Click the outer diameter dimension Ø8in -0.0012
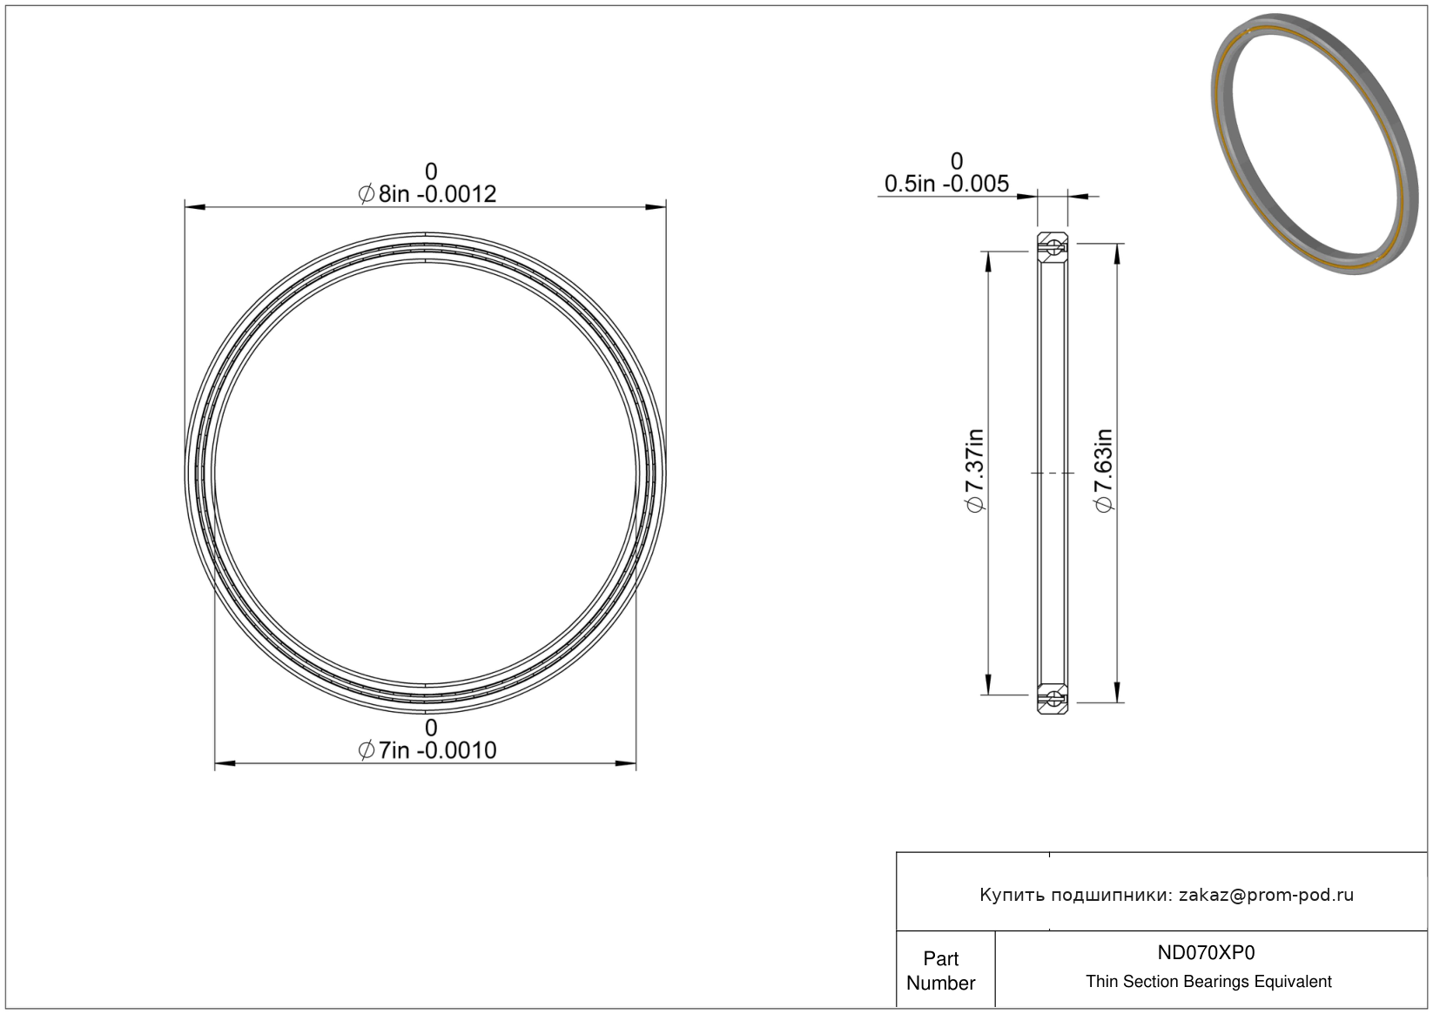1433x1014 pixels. (427, 194)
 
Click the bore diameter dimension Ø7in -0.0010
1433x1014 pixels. (427, 750)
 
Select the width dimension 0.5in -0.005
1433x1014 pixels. (946, 185)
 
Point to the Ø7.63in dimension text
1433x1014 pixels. (1104, 470)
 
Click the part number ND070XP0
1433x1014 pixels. (1207, 953)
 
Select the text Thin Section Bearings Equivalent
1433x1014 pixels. (1208, 982)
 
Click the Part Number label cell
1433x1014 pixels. (941, 970)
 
